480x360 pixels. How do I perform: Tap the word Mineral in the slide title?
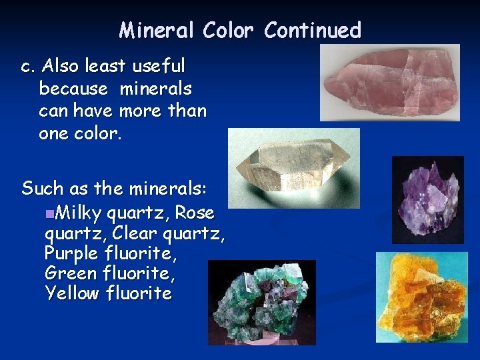pos(157,31)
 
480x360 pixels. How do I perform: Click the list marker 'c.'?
pos(28,67)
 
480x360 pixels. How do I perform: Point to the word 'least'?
pos(106,66)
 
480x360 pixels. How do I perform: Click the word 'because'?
pos(73,88)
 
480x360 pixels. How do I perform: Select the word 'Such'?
pos(45,189)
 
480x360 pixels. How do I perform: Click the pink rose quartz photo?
pos(389,83)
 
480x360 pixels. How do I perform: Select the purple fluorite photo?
pos(427,199)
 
